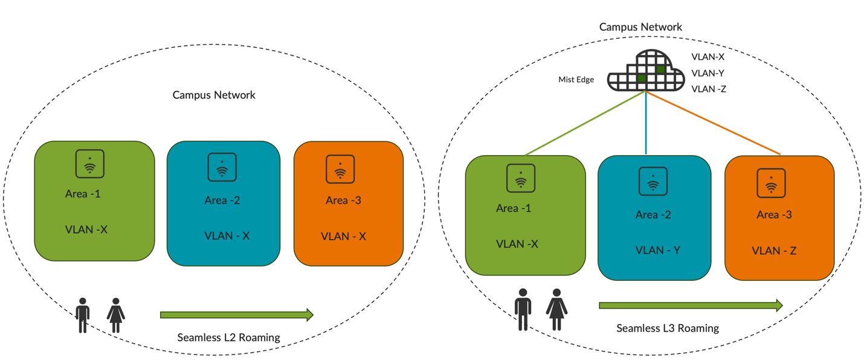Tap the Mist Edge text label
576,80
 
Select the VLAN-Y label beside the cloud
708,73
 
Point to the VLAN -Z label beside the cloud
709,89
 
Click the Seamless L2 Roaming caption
228,338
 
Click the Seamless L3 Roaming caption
668,329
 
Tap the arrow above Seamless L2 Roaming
236,315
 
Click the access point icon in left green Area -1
89,164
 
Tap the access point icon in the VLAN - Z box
771,183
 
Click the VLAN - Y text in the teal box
658,250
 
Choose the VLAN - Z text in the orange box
774,251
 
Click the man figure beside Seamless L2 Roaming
83,315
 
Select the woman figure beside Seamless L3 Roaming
556,309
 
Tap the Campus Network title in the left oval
214,95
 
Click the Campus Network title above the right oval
640,27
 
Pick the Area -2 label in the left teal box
222,201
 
